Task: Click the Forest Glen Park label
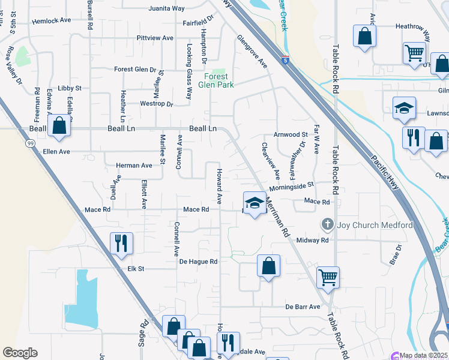217,80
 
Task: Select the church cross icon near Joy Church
327,225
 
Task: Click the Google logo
20,353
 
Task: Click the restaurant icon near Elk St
121,243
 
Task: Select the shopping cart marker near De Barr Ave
328,277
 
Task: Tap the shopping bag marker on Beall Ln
59,125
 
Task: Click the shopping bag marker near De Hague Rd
269,265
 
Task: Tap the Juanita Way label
166,9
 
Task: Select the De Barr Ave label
303,307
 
